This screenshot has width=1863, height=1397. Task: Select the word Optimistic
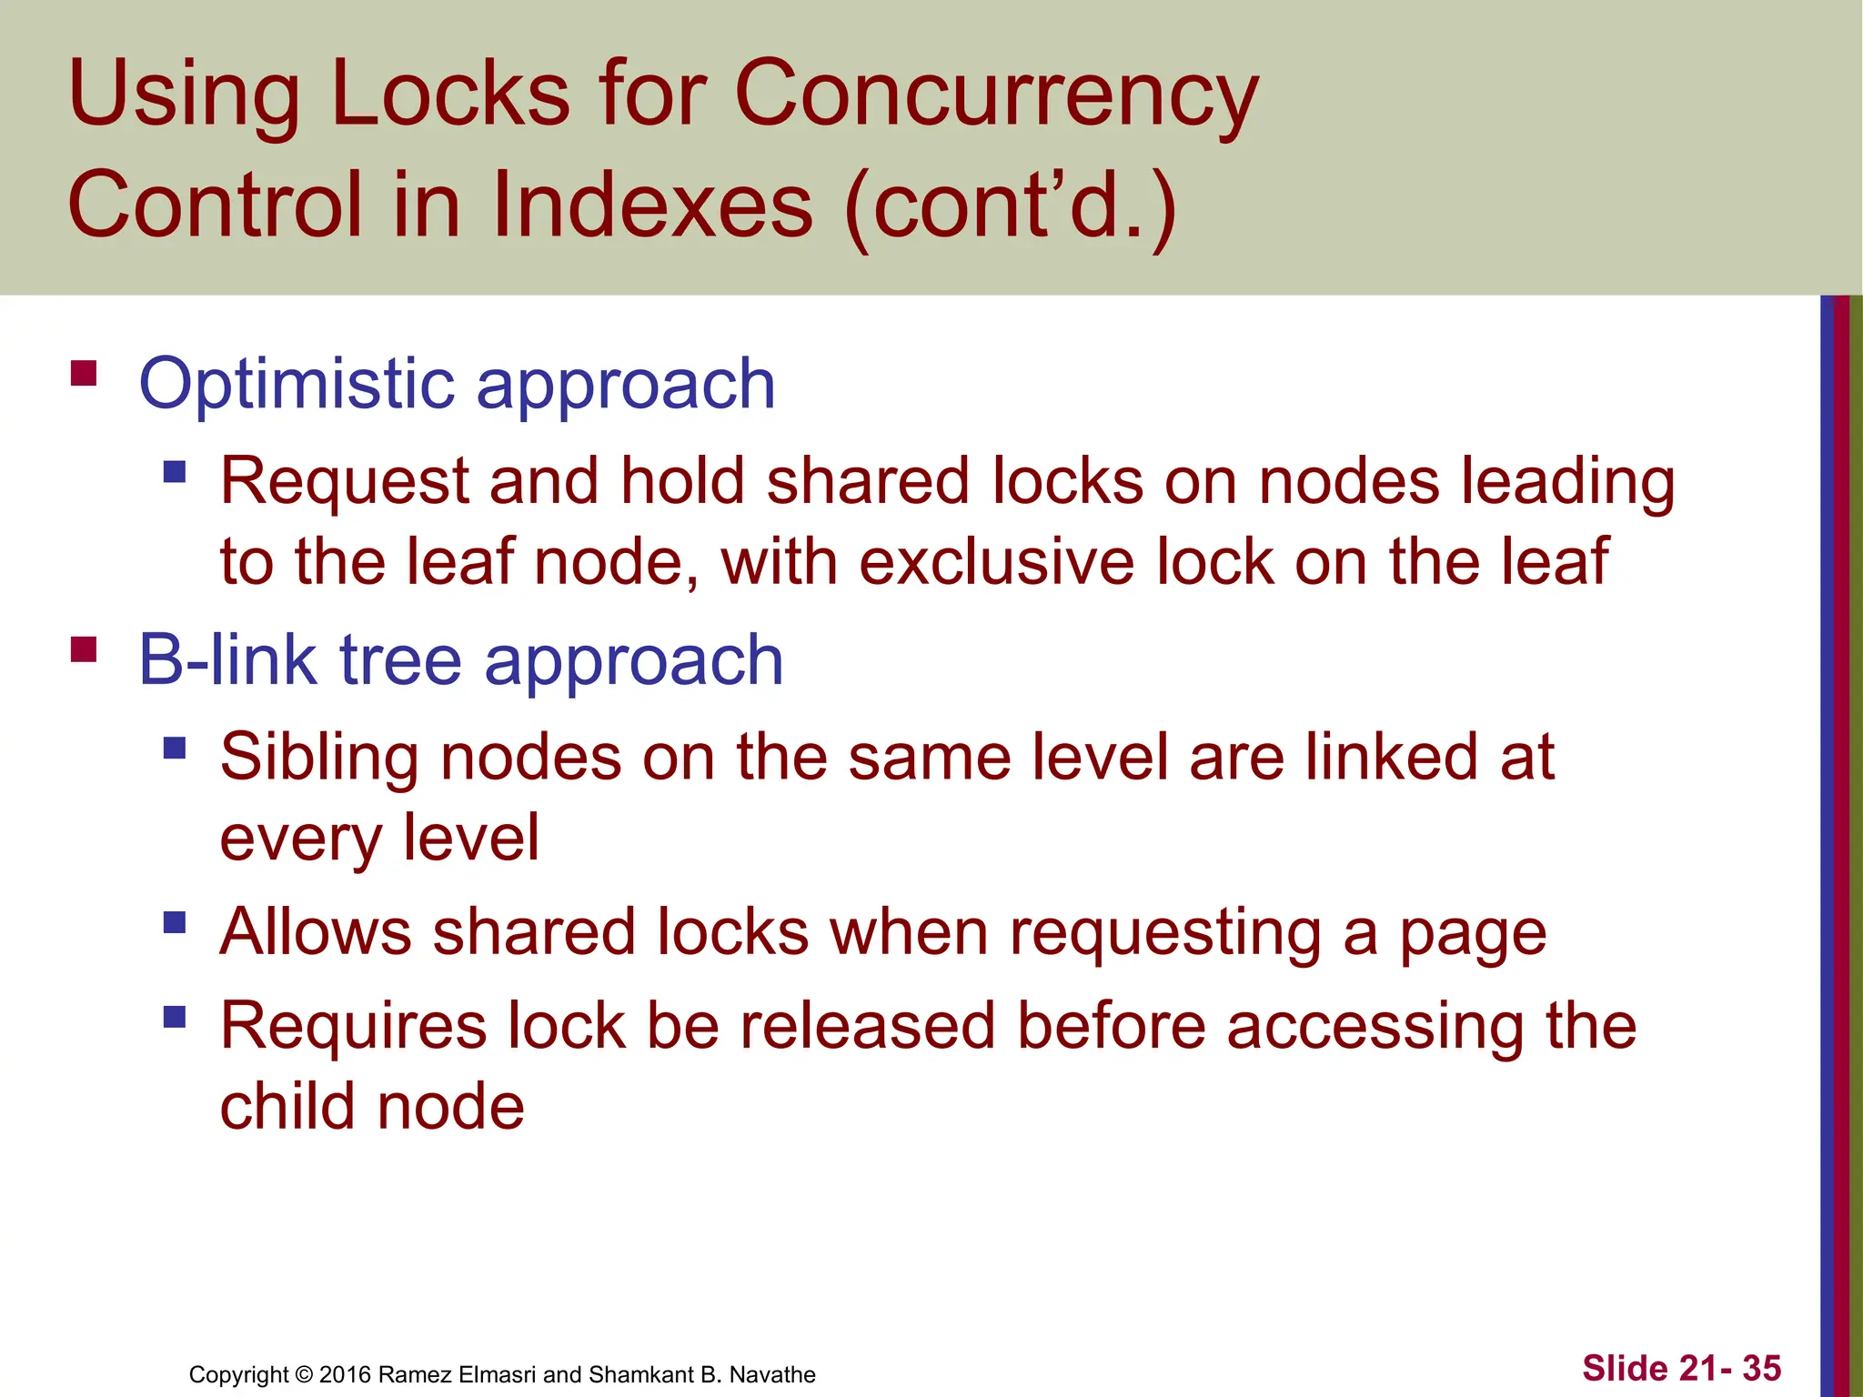[x=297, y=384]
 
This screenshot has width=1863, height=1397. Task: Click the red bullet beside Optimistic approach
[x=84, y=374]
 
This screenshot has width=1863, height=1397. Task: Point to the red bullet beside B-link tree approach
[x=84, y=649]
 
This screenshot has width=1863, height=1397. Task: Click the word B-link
[x=227, y=659]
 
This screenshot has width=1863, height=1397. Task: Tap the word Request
[x=345, y=481]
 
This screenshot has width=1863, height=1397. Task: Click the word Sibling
[x=319, y=758]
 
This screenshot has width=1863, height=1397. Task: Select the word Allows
[x=316, y=932]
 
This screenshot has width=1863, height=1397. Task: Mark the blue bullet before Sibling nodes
[x=175, y=749]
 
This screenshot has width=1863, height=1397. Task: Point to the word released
[x=867, y=1027]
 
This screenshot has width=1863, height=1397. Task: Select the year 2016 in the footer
[x=345, y=1374]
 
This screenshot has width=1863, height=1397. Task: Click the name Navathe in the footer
[x=772, y=1374]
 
